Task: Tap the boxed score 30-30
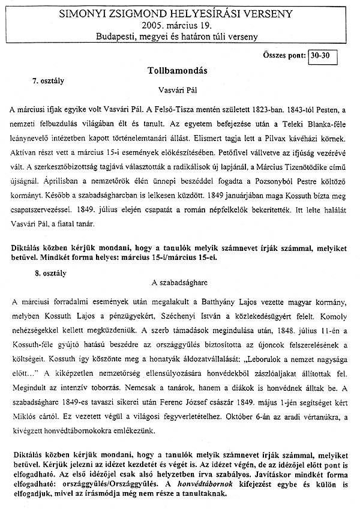324,56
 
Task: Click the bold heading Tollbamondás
177,70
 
